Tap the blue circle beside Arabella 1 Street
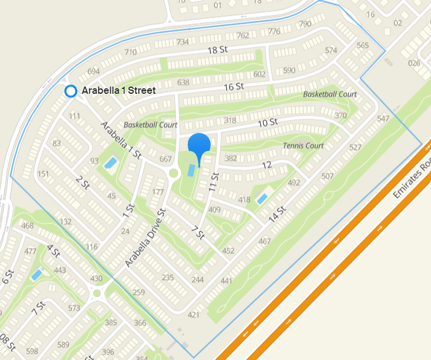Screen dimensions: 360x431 70,91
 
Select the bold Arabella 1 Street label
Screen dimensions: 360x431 119,91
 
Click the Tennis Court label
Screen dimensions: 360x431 303,146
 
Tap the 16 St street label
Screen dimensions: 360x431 233,87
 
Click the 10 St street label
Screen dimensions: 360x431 267,122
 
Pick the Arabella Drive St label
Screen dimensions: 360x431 145,238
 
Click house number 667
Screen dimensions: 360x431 166,160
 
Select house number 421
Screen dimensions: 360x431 194,315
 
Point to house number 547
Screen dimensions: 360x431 383,119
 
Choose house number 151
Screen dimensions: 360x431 43,174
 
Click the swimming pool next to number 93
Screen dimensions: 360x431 111,163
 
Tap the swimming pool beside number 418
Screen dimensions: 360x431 262,198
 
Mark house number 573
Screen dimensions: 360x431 74,309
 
